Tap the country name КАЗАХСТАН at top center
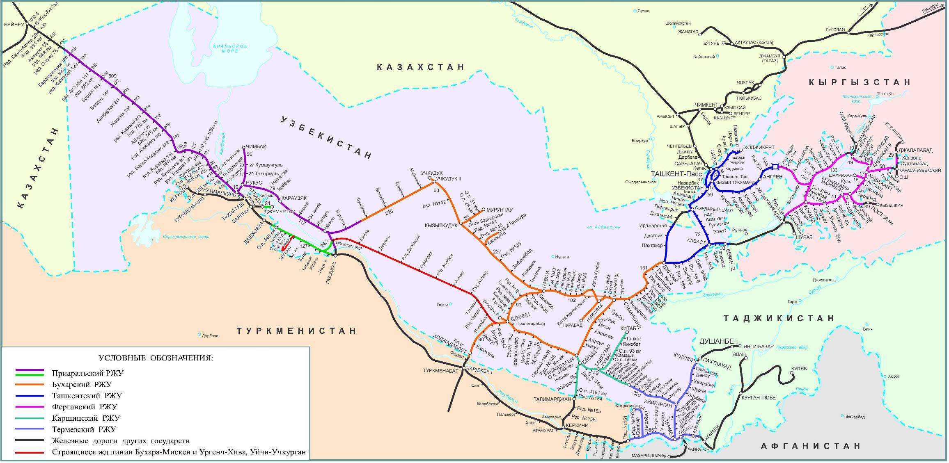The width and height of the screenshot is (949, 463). tap(421, 67)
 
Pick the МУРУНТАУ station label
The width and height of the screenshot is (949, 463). tap(500, 210)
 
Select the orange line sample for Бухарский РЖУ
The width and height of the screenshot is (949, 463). tap(30, 385)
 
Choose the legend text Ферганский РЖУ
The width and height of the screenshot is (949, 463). tap(85, 407)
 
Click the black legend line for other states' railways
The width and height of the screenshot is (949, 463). tap(30, 441)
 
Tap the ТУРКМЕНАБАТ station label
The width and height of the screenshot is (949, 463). tap(441, 370)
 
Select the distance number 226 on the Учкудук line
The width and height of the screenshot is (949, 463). tap(389, 212)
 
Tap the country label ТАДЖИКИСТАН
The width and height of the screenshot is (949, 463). tap(779, 318)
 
